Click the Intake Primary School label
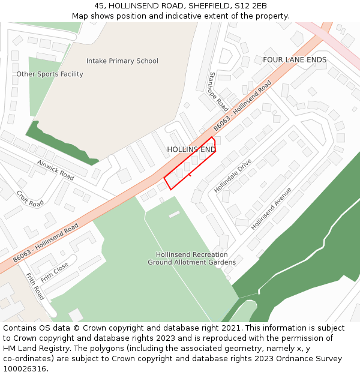click(x=122, y=61)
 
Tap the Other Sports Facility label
click(x=50, y=74)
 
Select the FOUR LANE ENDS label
click(x=295, y=60)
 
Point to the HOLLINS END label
click(x=191, y=149)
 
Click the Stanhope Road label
click(x=218, y=92)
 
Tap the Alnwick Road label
click(x=55, y=170)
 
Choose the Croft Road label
click(x=30, y=199)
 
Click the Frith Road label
click(x=35, y=286)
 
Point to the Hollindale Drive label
click(x=233, y=176)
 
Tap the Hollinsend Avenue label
click(x=271, y=208)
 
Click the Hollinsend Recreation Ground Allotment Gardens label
click(x=191, y=259)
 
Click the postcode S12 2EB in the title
click(x=251, y=6)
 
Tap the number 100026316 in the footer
click(x=25, y=369)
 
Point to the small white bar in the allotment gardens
click(x=174, y=214)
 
